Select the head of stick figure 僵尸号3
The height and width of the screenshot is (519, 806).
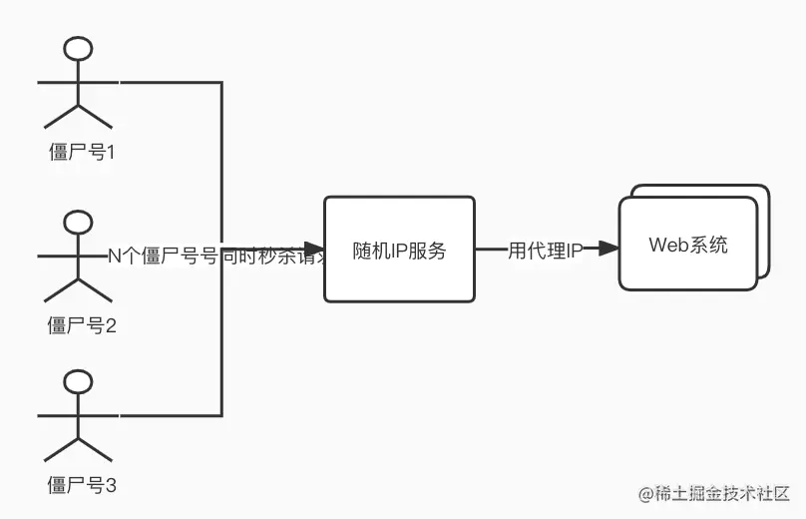coord(78,382)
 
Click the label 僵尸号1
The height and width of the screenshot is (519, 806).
coord(83,153)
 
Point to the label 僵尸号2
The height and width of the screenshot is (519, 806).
coord(83,324)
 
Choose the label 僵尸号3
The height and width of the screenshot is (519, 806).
coord(83,486)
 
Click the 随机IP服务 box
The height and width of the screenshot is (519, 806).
coord(399,249)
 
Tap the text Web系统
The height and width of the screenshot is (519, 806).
coord(688,245)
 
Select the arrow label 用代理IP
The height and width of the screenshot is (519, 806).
coord(545,251)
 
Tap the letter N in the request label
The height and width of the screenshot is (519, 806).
coord(114,256)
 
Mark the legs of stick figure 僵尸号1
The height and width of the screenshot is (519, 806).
coord(78,114)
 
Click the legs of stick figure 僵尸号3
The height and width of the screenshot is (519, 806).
coord(78,448)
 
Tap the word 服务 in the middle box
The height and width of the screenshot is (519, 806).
coord(428,251)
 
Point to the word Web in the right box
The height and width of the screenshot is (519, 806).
coord(667,245)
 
